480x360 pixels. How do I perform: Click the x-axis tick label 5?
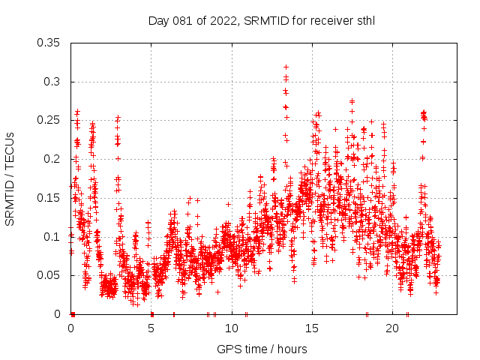pos(151,328)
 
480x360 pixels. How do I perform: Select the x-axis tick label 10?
pos(232,328)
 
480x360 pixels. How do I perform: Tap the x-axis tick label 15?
pos(312,328)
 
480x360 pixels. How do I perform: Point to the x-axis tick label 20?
pos(392,328)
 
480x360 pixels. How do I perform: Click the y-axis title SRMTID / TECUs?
pos(10,178)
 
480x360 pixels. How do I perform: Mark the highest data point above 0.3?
pos(286,67)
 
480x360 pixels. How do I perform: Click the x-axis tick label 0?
pos(71,328)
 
